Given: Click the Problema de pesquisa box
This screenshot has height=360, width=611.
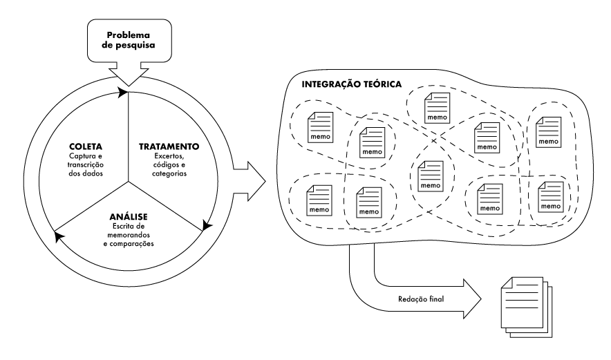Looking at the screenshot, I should click(x=129, y=40).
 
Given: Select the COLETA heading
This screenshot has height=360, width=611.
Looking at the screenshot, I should click(x=86, y=146).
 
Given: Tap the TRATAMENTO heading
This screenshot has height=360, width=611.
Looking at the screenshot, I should click(x=169, y=146).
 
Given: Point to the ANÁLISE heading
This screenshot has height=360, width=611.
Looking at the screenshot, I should click(x=128, y=217).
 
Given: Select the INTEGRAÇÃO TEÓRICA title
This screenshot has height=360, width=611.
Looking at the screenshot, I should click(x=352, y=84).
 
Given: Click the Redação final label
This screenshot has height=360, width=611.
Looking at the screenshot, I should click(x=421, y=299).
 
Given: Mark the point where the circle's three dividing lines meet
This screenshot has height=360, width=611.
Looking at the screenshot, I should click(x=129, y=182).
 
